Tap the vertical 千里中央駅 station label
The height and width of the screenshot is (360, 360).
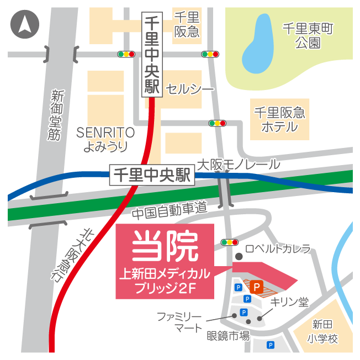point(151,55)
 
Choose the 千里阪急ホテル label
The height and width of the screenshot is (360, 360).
point(279,120)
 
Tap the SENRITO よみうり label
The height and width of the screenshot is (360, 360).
point(105,139)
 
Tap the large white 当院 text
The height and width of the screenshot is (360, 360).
point(165,247)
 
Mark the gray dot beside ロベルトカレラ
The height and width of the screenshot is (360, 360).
point(239,256)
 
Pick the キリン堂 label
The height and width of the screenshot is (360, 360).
point(289,302)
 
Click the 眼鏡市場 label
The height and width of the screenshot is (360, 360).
point(228,335)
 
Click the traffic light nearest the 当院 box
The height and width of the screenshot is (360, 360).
point(229,242)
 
